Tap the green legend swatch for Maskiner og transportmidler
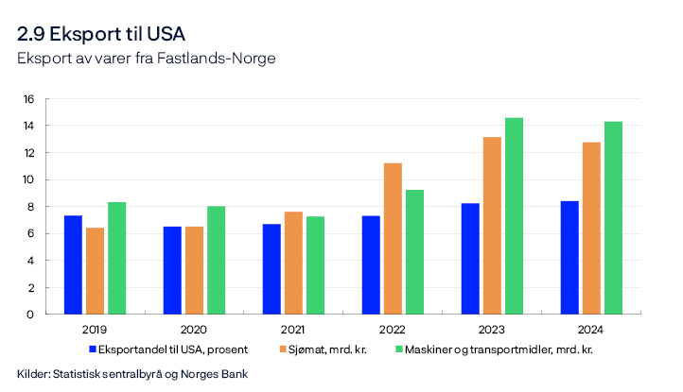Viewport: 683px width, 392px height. (x=398, y=349)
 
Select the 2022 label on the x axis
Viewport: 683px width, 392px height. (x=393, y=329)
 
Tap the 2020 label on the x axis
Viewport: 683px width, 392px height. (x=194, y=329)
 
